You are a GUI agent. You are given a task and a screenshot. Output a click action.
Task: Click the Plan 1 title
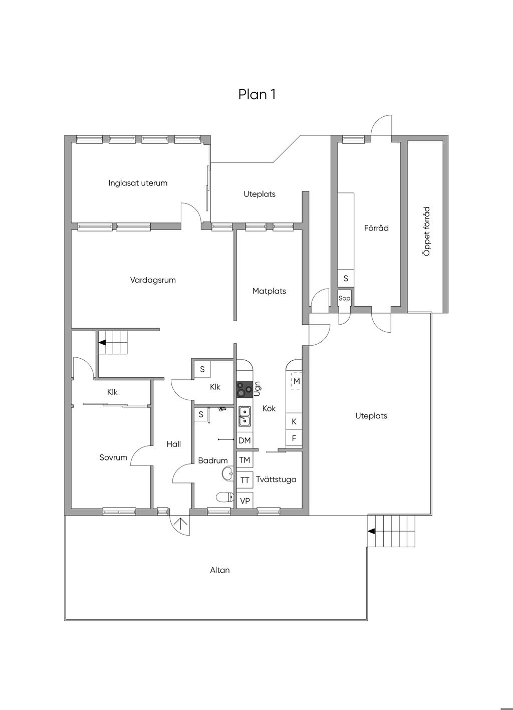[257, 95]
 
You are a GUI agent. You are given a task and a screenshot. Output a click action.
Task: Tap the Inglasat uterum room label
[138, 183]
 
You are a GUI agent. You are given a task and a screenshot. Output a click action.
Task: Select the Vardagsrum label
[153, 280]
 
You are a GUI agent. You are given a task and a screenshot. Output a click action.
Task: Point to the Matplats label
[269, 291]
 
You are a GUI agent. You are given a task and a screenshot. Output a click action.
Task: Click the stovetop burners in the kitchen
[244, 389]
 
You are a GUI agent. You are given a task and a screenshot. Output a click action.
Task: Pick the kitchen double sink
[244, 416]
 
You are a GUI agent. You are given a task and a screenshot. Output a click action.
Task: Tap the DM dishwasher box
[244, 440]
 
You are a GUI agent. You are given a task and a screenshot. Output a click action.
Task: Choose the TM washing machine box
[244, 460]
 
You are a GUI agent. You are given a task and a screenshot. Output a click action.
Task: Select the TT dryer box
[244, 480]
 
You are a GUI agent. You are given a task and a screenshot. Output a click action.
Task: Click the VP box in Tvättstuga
[244, 501]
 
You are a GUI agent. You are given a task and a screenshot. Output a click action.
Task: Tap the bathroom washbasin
[228, 474]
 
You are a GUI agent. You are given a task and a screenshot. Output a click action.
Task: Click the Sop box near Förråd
[344, 298]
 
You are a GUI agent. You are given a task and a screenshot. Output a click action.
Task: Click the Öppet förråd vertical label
[427, 231]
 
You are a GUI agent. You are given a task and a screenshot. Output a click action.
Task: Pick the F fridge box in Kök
[294, 438]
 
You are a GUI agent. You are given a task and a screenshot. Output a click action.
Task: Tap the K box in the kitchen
[294, 421]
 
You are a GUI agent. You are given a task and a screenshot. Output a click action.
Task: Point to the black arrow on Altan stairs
[371, 531]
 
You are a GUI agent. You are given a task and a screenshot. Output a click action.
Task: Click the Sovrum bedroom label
[113, 457]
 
